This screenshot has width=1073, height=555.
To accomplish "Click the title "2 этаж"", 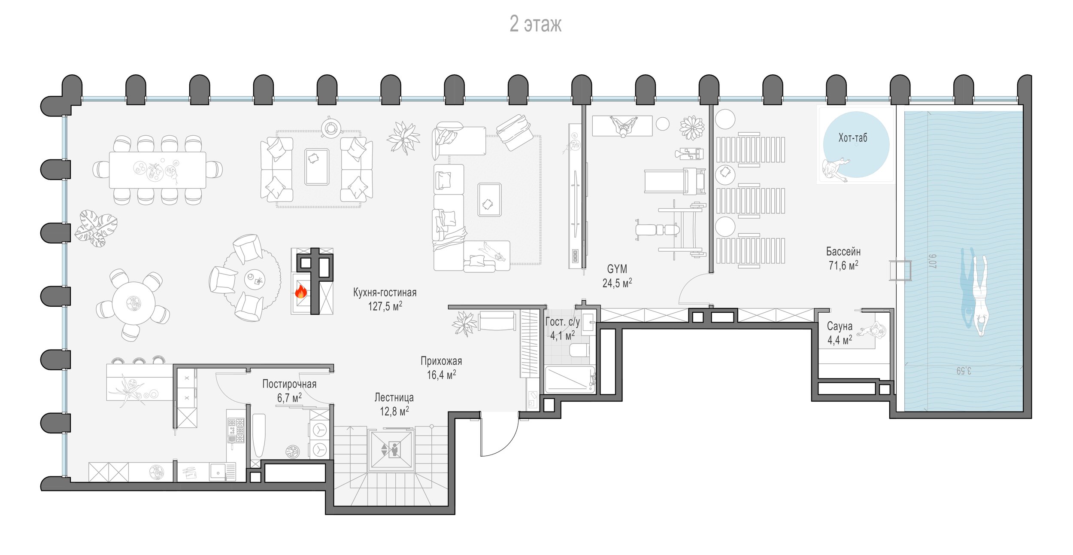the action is click(x=535, y=24).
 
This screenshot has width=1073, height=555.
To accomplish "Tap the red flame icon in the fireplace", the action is click(x=300, y=292).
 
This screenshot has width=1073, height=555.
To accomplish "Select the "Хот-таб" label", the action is click(x=853, y=137).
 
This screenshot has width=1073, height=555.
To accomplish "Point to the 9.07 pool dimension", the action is click(x=932, y=261).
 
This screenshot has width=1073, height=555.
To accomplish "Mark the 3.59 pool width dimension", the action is click(x=964, y=370).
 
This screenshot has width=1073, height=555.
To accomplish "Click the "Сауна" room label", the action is click(x=840, y=326).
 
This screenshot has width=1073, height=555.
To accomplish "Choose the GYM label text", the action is click(x=617, y=269).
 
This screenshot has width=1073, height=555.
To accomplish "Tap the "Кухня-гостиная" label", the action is click(x=385, y=293).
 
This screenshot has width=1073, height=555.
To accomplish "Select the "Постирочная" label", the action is click(x=289, y=384).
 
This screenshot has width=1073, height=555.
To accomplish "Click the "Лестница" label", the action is click(x=394, y=397).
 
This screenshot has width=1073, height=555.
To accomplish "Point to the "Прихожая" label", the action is click(x=441, y=361).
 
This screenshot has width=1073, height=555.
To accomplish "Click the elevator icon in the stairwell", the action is click(x=391, y=450).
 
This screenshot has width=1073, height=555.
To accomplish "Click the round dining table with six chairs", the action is click(x=133, y=303).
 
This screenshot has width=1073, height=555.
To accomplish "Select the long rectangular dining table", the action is click(x=158, y=170).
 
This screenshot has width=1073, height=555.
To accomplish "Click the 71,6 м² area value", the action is click(x=843, y=265).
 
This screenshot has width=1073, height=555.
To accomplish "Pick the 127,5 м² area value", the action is click(x=385, y=306).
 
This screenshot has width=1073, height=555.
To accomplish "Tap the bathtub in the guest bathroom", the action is click(x=570, y=379).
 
